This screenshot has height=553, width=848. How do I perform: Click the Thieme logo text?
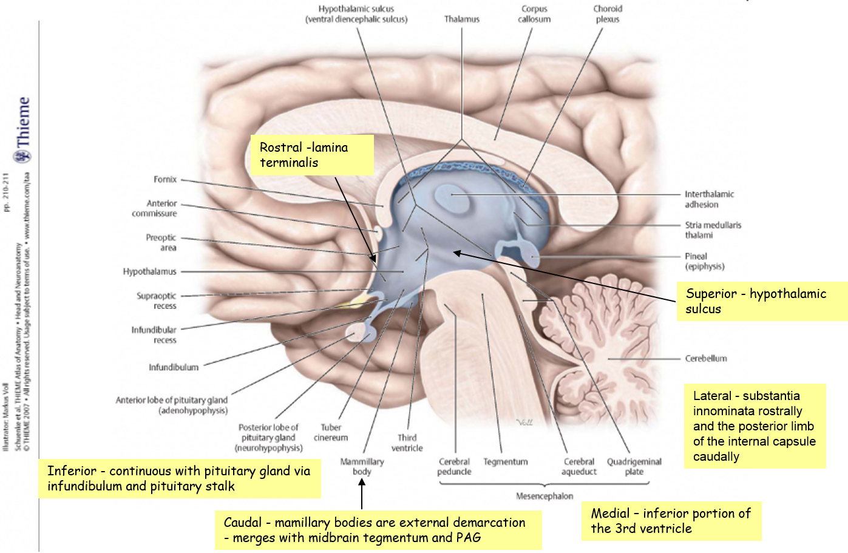coord(22,122)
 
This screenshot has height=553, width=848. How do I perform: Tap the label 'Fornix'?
coord(165,180)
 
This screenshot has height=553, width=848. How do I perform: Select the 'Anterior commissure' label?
coord(154,208)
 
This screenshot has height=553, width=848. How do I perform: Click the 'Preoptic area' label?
coord(161,243)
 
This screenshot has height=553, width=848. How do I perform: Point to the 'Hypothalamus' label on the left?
coord(149,271)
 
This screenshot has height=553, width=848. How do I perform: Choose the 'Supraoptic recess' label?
coord(157,300)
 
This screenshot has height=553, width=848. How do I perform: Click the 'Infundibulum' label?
coord(174,367)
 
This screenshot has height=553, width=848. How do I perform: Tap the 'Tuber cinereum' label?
coord(331,433)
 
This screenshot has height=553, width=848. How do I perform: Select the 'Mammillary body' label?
coord(362,467)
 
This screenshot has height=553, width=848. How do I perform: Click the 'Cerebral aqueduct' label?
coord(579,467)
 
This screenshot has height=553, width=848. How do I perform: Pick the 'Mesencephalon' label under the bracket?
coord(544,496)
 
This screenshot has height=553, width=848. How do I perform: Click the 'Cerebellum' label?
coord(706,358)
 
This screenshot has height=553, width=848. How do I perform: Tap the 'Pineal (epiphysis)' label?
coord(705,261)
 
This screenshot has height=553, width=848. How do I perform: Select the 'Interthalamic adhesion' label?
coord(709,200)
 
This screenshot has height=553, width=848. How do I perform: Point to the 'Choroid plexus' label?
coord(608,14)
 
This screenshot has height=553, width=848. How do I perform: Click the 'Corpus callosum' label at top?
coord(534,14)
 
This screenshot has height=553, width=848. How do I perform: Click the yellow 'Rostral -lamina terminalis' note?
coord(313,155)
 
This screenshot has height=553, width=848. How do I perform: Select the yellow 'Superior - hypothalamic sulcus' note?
coord(762,301)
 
